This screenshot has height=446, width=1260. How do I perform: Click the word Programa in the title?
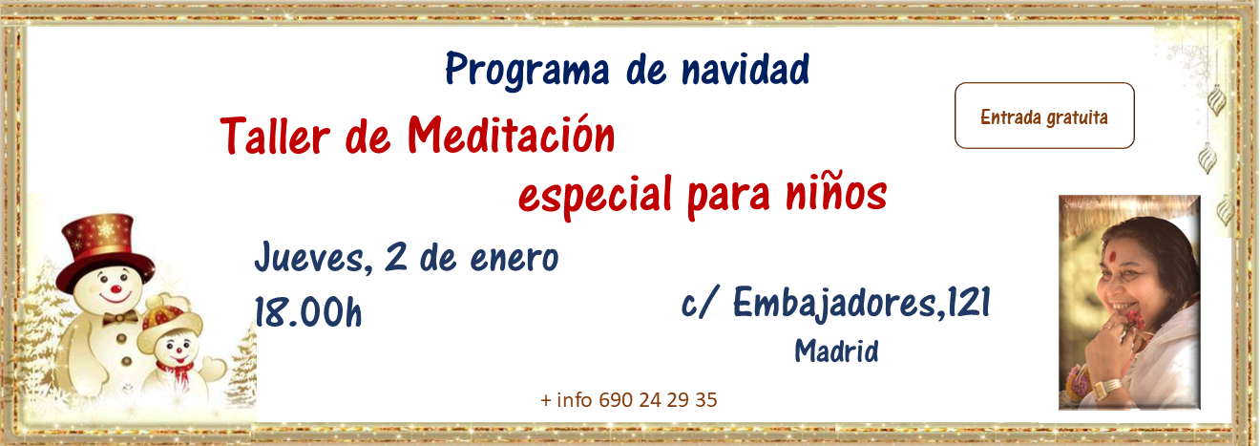point(527,71)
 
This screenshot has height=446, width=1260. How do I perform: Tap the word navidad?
point(745,70)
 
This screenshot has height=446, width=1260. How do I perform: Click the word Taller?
point(275,136)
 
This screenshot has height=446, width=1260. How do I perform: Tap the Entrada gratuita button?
point(1044,116)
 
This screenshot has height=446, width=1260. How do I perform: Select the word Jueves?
point(312,257)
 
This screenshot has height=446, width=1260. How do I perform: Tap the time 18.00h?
point(308,312)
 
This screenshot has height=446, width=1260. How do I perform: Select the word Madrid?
point(836,350)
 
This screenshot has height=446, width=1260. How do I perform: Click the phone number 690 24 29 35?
point(658,400)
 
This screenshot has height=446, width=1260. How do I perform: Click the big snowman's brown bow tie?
point(120,318)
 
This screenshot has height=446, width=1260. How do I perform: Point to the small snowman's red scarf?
point(176,372)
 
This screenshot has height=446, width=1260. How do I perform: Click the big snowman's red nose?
point(115,289)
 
